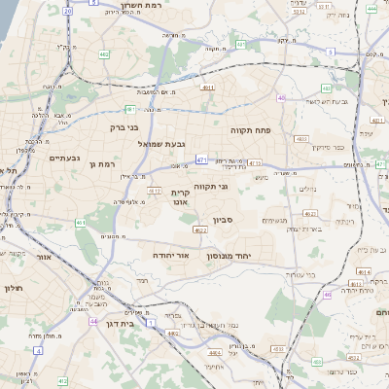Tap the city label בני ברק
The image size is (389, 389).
[122, 125]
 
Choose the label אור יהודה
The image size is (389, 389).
[168, 254]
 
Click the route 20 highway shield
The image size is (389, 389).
[68, 11]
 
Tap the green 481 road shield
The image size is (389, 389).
[130, 109]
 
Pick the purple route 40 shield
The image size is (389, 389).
[281, 98]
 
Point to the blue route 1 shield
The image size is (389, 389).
[152, 320]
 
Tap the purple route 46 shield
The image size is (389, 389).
[328, 294]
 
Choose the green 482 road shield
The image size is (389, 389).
[104, 55]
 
